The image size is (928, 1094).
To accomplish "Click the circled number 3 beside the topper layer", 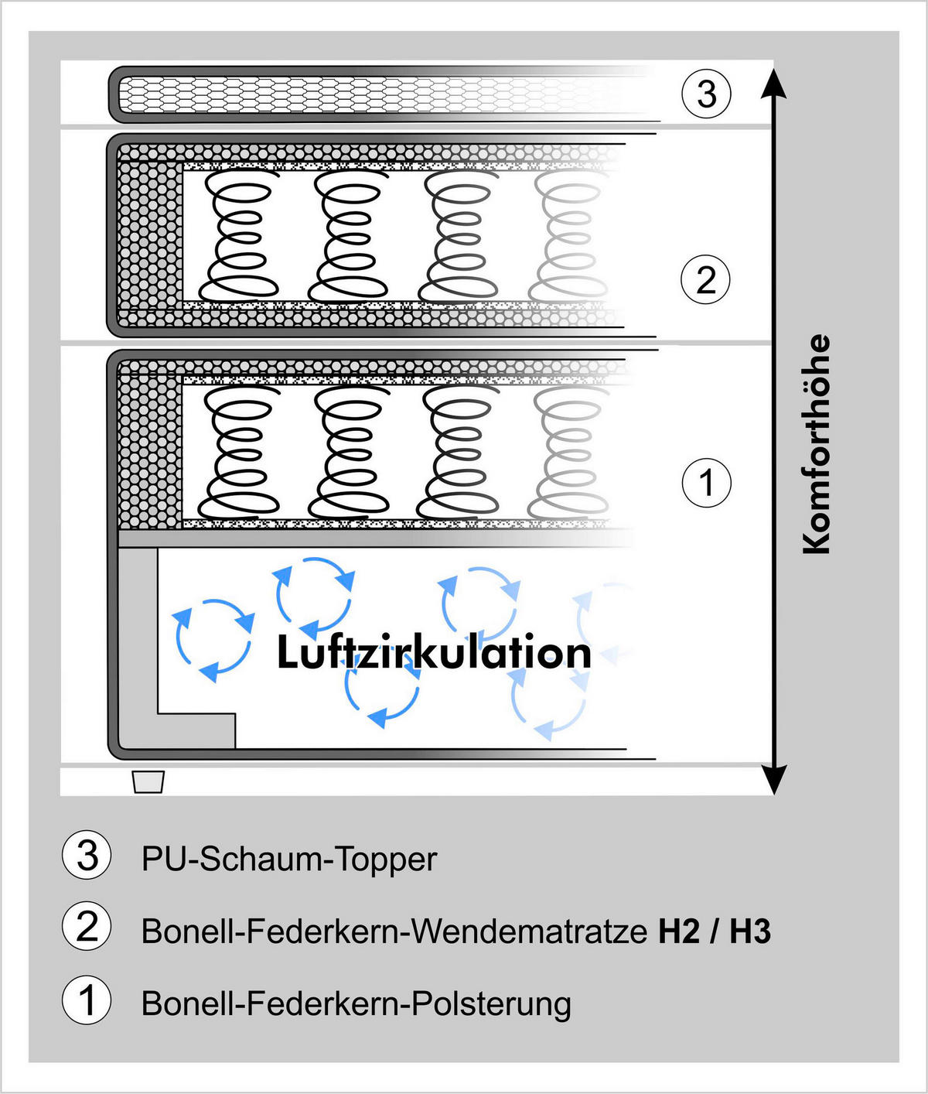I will (x=706, y=94).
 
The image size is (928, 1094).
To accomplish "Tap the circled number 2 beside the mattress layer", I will (x=706, y=279).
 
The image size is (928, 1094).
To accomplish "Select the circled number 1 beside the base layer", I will (x=706, y=483).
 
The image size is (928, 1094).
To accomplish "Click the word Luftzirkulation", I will (x=434, y=653).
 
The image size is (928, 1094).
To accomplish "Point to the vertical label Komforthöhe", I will (x=817, y=444).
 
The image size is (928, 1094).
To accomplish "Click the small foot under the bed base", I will (x=148, y=781).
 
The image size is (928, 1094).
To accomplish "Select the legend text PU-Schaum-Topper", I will (x=289, y=860).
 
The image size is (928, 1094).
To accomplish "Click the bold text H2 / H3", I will (x=715, y=932).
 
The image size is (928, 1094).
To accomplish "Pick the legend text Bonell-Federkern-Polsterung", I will (x=357, y=1003).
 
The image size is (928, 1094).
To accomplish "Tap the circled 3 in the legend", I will (x=87, y=856).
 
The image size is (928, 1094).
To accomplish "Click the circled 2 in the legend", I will (x=87, y=927).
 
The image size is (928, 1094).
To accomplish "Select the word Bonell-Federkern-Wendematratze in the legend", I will (x=394, y=932).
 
